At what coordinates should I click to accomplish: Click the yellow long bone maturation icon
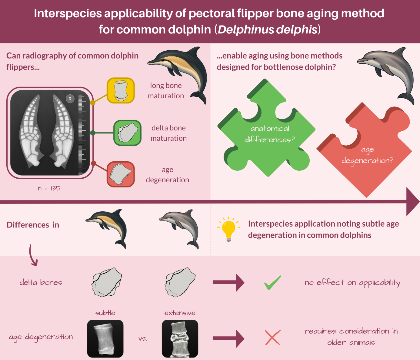[121, 90]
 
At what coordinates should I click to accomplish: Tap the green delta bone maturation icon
[127, 133]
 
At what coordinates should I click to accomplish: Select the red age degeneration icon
[121, 174]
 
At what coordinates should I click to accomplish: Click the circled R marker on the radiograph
[70, 99]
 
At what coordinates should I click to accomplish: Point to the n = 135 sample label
[49, 188]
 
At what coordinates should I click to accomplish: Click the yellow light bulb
[228, 229]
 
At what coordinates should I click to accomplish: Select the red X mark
[273, 338]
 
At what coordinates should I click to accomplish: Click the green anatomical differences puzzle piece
[266, 128]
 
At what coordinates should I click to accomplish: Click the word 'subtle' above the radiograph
[105, 313]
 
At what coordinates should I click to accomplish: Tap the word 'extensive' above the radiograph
[180, 313]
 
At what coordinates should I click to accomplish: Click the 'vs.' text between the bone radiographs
[143, 338]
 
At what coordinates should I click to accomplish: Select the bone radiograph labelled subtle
[105, 339]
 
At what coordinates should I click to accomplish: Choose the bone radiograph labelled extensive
[180, 339]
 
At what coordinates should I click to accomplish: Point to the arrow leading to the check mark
[228, 282]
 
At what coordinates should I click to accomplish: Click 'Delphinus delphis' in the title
[267, 29]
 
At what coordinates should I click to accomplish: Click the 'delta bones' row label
[41, 282]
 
